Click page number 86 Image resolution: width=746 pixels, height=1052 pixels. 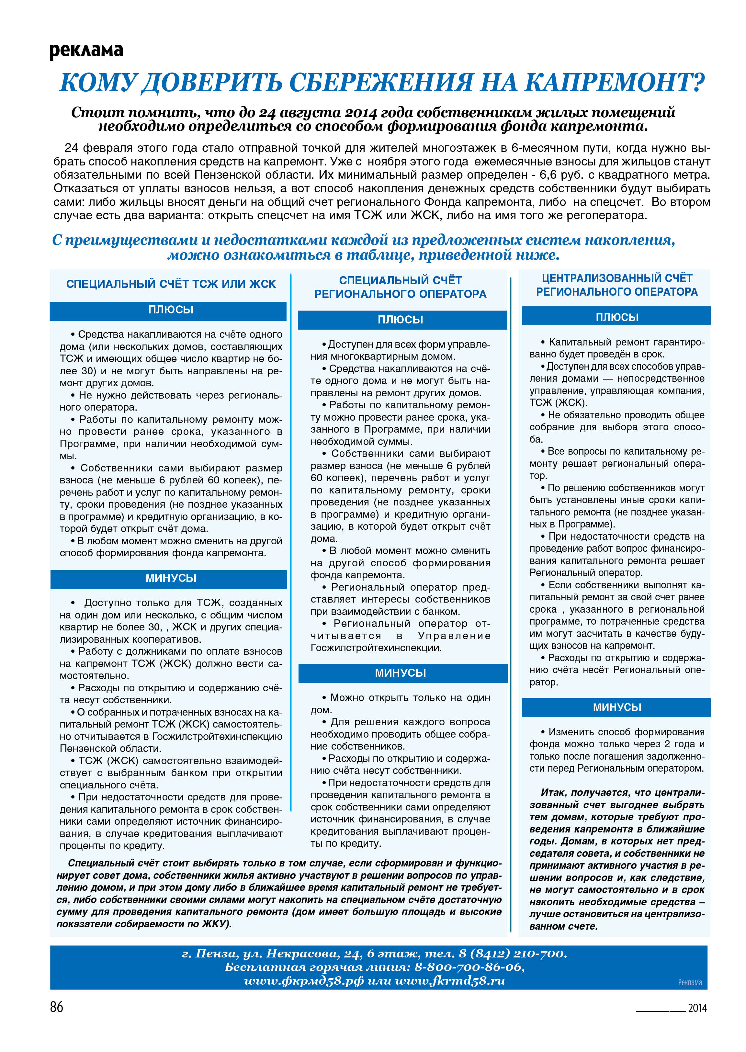(x=57, y=1007)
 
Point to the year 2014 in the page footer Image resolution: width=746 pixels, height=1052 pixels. (x=697, y=1008)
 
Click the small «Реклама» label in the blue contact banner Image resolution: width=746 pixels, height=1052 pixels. (x=690, y=982)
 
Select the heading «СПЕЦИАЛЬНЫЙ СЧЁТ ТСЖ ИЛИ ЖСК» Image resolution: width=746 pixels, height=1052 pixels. (x=171, y=284)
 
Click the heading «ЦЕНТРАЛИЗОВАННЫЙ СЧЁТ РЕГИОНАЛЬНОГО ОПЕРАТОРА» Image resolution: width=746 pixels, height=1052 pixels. (x=616, y=285)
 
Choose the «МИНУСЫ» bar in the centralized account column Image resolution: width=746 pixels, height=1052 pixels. (x=616, y=707)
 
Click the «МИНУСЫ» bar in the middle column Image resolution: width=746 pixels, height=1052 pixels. (x=400, y=673)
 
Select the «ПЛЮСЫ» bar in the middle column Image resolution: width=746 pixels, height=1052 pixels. (x=400, y=320)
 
